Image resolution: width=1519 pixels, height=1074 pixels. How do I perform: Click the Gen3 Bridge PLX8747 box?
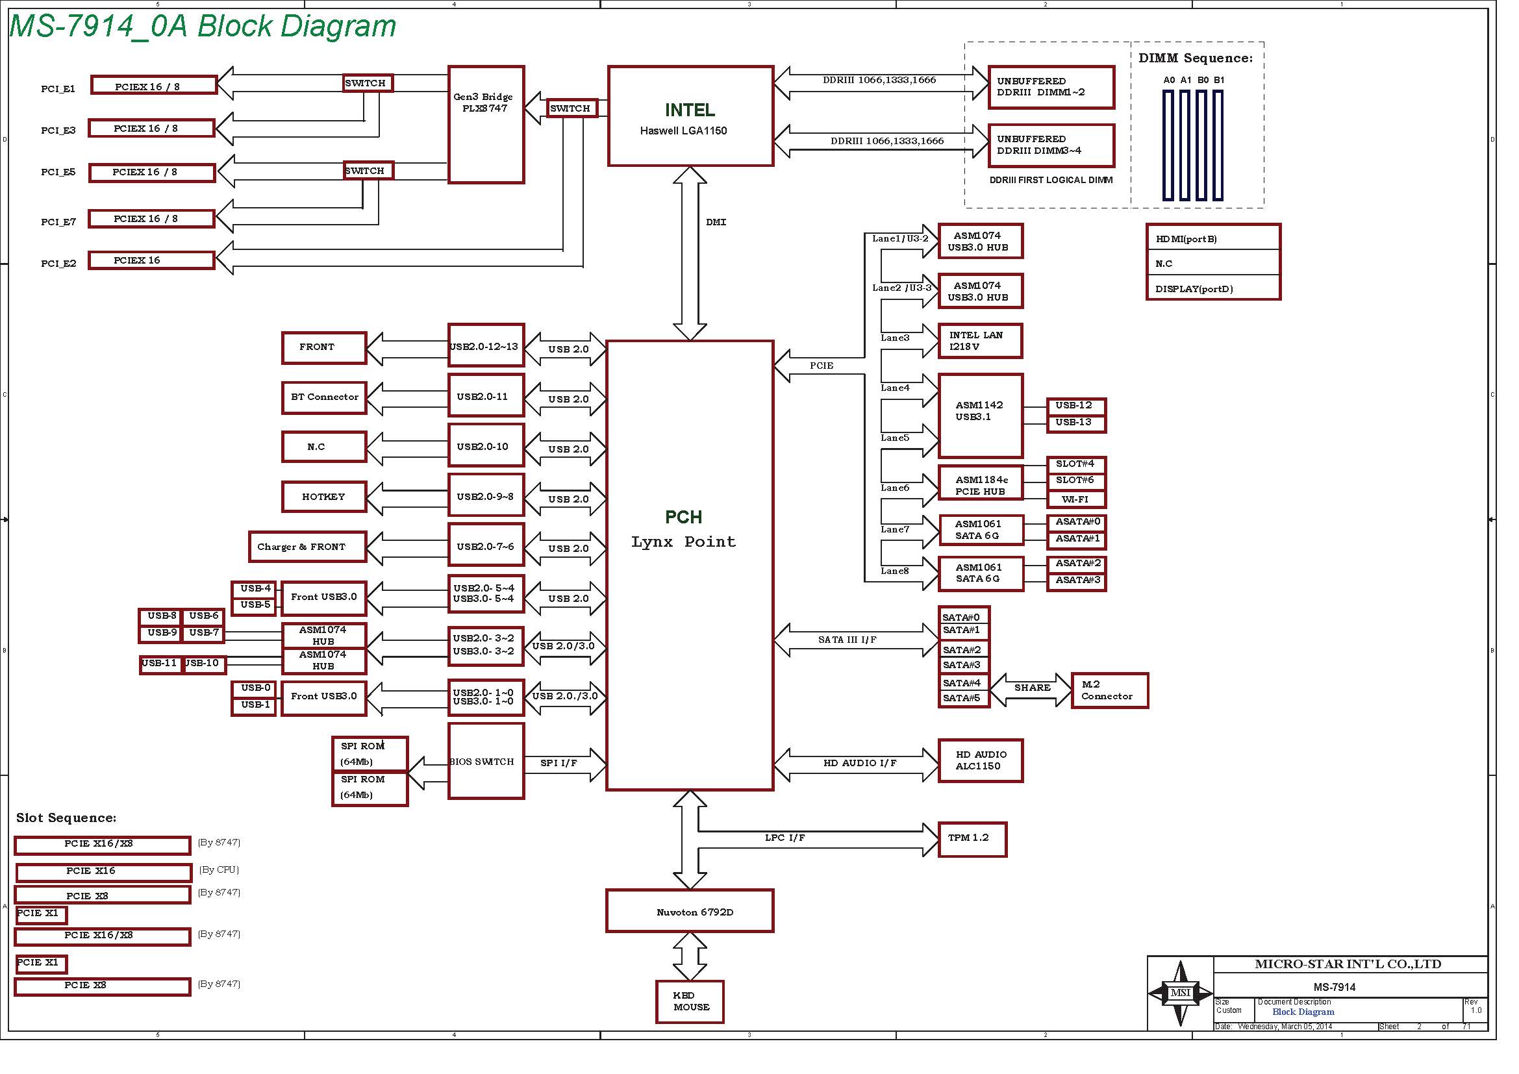[x=486, y=124]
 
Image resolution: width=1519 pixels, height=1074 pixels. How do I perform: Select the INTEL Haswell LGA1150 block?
[x=690, y=116]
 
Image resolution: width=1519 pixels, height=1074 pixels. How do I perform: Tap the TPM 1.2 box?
[x=972, y=839]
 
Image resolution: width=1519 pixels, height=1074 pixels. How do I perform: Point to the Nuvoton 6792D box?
[x=690, y=910]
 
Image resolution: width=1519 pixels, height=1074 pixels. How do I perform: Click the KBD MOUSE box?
[x=690, y=1001]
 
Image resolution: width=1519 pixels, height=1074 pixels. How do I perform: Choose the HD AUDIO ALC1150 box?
[x=981, y=760]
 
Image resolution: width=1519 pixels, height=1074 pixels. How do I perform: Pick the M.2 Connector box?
[x=1109, y=690]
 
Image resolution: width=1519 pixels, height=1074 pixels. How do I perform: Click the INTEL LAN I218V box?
[x=981, y=341]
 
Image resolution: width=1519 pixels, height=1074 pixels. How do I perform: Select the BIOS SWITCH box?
[x=486, y=761]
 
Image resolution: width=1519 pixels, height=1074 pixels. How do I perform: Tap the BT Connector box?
[x=323, y=397]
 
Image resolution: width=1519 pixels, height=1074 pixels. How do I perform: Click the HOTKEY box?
[x=323, y=497]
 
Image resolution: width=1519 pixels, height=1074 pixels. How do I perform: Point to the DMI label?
[x=716, y=222]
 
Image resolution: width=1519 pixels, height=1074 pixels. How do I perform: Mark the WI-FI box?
[x=1075, y=499]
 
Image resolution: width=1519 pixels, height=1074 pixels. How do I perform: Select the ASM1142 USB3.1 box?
[x=981, y=415]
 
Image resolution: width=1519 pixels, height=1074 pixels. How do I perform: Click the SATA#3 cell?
[x=963, y=666]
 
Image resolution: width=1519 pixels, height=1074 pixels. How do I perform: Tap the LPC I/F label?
[x=785, y=838]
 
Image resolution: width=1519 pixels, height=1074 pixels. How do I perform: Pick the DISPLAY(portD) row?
[x=1212, y=288]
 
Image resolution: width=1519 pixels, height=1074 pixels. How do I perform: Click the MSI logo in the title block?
[x=1180, y=993]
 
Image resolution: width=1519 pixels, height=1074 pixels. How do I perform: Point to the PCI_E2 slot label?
[x=58, y=263]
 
